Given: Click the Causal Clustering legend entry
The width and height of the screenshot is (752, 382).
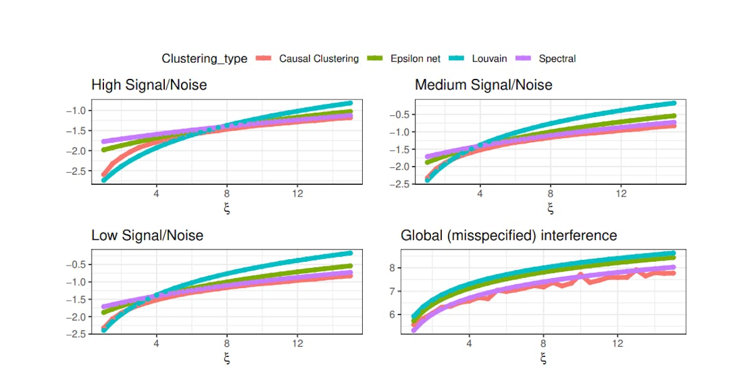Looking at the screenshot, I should point(318,59).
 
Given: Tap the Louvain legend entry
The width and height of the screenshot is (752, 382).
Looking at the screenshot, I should point(489,59).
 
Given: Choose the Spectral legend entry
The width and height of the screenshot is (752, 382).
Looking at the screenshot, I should point(557,59).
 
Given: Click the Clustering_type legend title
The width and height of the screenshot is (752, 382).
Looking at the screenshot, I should point(204,59).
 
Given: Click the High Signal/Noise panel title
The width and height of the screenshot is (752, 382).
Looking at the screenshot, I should point(149,85).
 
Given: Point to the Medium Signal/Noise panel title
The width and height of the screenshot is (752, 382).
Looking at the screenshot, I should point(483,85).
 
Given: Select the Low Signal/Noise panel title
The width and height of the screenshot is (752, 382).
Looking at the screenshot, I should point(147,236).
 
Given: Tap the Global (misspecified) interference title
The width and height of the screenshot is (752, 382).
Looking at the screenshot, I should point(509,236).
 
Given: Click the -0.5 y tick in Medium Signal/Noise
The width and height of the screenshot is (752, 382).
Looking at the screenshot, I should point(401,115).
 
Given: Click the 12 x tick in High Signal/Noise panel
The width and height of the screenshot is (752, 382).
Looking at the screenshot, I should point(297,194).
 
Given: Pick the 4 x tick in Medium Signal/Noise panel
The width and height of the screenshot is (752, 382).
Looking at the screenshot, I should point(479,194).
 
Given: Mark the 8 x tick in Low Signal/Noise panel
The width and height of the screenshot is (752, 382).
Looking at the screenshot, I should point(226,344).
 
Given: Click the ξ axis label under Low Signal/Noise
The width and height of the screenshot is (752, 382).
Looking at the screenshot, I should point(226,358).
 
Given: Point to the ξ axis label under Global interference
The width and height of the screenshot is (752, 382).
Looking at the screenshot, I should point(543,358).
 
